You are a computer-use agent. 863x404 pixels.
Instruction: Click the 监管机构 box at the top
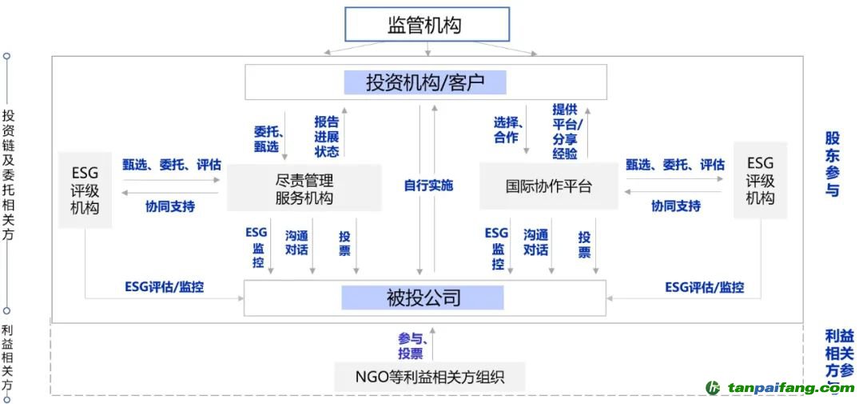coord(426,25)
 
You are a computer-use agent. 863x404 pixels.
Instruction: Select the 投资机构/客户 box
coord(425,82)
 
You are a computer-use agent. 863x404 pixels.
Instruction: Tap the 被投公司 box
coord(424,298)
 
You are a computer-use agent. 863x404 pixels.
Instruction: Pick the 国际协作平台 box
coord(548,186)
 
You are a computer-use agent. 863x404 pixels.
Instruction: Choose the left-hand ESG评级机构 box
coord(85,190)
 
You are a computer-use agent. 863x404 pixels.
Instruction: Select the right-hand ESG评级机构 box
coord(760,180)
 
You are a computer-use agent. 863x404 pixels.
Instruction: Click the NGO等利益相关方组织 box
coord(429,375)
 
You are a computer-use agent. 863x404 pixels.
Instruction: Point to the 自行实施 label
coord(428,185)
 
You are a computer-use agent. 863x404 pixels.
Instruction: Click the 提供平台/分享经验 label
coord(569,131)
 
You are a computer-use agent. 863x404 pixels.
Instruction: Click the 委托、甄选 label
coord(266,138)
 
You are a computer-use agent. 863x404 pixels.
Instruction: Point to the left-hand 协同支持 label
coord(169,206)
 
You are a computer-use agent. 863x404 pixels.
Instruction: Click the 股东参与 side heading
coord(833,164)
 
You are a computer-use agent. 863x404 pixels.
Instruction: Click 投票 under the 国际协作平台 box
coord(584,245)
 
